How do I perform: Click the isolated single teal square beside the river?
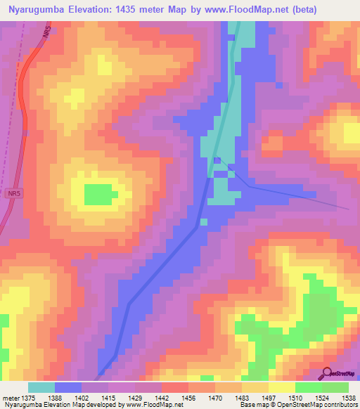(x=203, y=222)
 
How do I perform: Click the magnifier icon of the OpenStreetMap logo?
(x=328, y=372)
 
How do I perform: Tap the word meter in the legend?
(x=11, y=398)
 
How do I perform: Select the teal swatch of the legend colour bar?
(x=41, y=387)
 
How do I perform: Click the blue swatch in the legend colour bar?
(x=68, y=387)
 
